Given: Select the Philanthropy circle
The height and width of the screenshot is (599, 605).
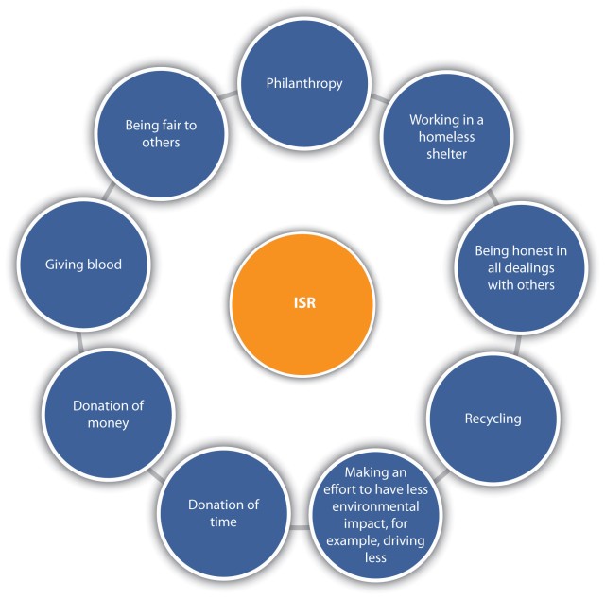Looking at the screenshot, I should click(302, 83).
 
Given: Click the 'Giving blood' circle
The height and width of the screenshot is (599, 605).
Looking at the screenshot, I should click(83, 265).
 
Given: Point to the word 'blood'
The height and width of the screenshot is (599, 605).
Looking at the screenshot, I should click(102, 265).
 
